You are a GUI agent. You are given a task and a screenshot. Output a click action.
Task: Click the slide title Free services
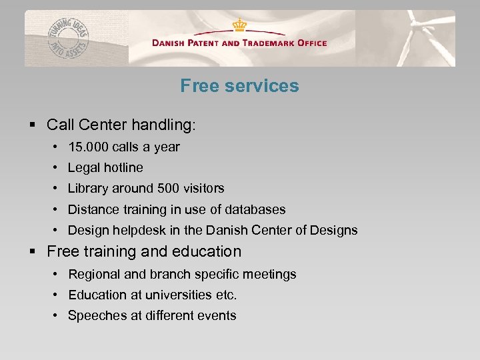click(239, 86)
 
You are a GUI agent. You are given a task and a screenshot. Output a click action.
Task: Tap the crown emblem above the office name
click(239, 25)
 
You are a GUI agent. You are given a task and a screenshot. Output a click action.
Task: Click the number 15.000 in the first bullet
click(89, 147)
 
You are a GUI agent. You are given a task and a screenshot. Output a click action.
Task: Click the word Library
click(89, 189)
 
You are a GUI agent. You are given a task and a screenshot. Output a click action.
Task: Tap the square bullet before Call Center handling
click(33, 125)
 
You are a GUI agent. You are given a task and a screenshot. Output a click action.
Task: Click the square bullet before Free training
click(33, 252)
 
